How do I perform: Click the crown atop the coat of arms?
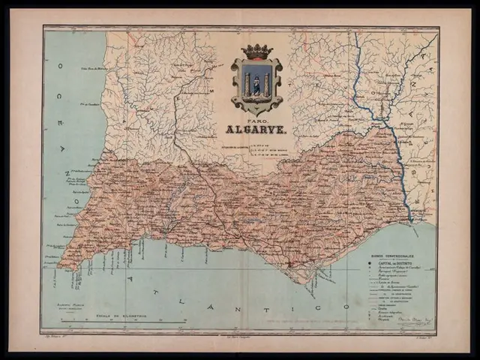click(256, 51)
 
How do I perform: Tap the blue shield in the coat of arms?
click(256, 82)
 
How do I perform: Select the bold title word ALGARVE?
click(256, 129)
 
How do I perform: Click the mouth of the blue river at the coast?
click(411, 222)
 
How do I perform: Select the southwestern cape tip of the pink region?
click(60, 266)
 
